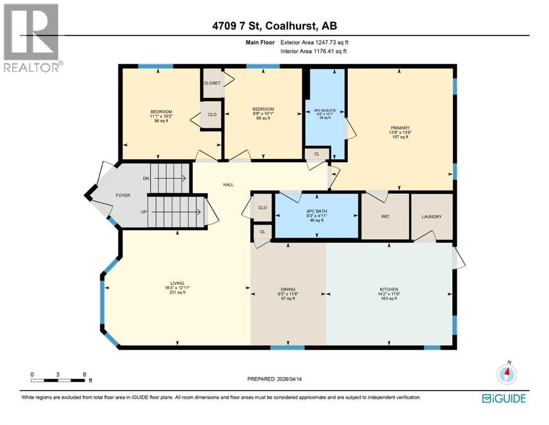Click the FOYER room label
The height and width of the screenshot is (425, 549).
point(122,196)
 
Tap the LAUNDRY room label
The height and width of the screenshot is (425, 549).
point(431,216)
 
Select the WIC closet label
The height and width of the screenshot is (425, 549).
point(385,216)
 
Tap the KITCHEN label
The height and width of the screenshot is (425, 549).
point(389,289)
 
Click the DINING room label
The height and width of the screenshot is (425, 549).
point(287,289)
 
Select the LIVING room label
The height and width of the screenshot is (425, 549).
point(177,283)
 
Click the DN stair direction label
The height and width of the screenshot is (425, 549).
point(146,178)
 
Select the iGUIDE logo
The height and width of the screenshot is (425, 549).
point(503,398)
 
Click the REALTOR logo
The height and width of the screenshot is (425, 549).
point(32,38)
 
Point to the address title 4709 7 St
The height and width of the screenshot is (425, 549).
point(274,25)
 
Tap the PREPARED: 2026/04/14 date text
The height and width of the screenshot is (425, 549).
point(275,379)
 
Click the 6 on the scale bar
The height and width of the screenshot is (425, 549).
point(85,374)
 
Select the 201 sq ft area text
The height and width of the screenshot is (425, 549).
point(177,293)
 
